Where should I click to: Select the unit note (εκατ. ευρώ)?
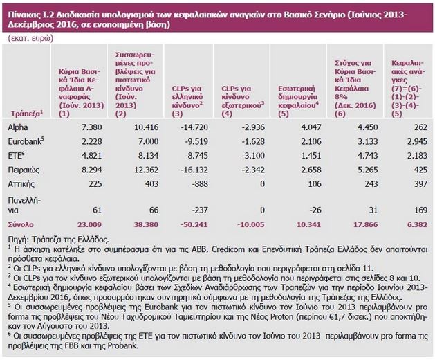[28, 39]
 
